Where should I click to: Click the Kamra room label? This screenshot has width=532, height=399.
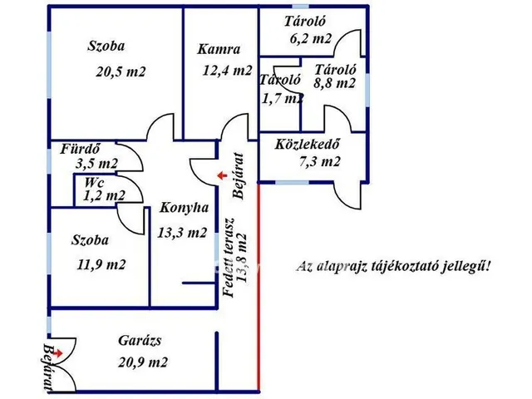tap(219, 50)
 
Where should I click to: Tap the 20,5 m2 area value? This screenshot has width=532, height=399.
tap(121, 72)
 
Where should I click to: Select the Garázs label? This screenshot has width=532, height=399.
tap(140, 341)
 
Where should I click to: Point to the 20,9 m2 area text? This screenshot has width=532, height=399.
tap(143, 362)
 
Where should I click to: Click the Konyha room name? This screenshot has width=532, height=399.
tap(184, 208)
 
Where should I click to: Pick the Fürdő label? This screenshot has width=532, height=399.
tap(81, 149)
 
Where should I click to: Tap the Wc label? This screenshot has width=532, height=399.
tap(94, 183)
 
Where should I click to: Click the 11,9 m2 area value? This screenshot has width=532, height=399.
tap(101, 264)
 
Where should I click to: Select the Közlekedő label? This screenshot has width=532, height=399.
tap(307, 144)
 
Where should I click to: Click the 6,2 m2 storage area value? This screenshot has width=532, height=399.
tap(310, 39)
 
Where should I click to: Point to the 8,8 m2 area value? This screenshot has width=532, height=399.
tap(334, 83)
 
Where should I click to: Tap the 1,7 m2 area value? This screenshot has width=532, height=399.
tap(283, 98)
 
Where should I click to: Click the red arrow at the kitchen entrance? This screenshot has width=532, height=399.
tap(222, 175)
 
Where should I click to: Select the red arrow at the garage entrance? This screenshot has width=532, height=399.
tap(57, 353)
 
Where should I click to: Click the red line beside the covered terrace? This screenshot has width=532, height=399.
tap(259, 286)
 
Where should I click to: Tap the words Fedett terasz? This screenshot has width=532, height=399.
tap(228, 258)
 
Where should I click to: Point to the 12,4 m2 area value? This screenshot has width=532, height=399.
tap(227, 71)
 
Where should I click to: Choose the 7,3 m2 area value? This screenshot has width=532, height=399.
tap(319, 161)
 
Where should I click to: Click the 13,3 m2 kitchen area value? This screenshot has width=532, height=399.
tap(182, 233)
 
